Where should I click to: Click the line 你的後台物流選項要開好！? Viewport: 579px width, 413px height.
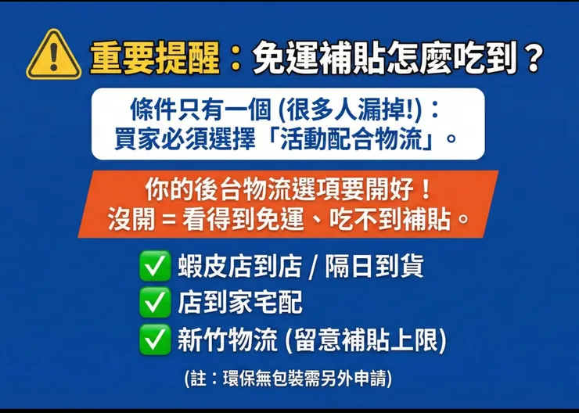[287, 190]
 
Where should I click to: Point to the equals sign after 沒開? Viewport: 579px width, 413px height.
[166, 220]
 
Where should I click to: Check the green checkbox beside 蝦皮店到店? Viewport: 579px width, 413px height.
[154, 267]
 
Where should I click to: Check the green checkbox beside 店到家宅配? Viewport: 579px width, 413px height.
[154, 302]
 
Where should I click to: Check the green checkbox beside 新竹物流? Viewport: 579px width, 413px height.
[154, 339]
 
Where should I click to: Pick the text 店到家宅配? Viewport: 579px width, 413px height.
[239, 302]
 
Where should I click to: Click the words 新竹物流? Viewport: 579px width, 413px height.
[227, 339]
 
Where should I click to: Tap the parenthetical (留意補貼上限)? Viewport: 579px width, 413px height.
[366, 339]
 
